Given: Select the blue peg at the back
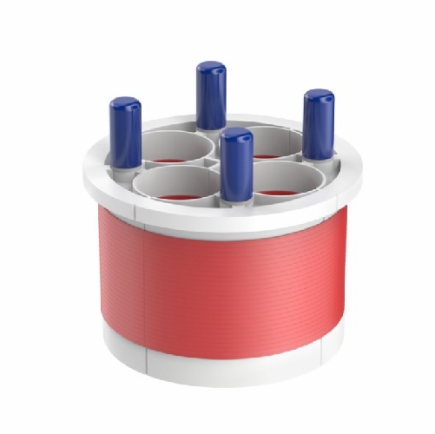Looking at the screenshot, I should (210, 95).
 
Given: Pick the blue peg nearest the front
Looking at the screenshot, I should (235, 165).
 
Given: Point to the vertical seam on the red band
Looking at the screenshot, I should (143, 278).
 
